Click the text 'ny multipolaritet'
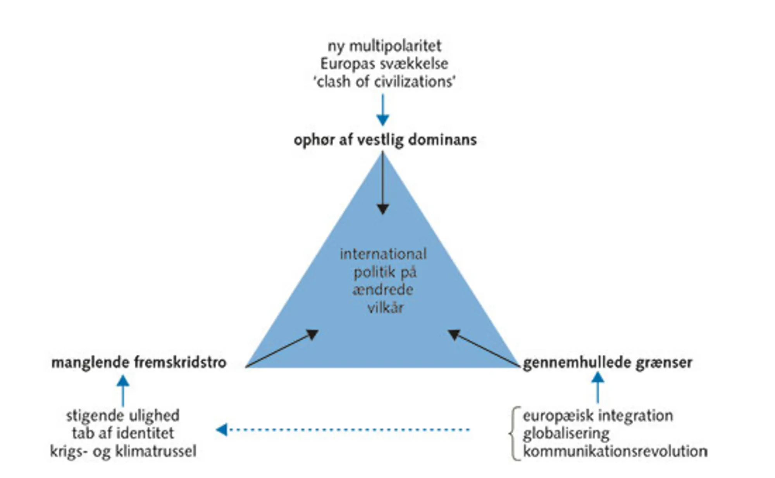384,46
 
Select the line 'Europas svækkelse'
384,64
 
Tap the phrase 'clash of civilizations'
384,82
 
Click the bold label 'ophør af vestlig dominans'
385,140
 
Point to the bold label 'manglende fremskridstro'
139,363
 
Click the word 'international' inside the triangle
383,254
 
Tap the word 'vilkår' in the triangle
385,308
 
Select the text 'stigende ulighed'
123,416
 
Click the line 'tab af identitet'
123,433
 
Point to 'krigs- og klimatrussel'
123,451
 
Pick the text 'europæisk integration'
598,416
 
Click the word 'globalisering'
566,433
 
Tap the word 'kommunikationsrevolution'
615,451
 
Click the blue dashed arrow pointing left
343,430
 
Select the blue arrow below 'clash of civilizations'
383,110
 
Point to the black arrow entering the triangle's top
383,182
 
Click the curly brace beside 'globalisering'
515,433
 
